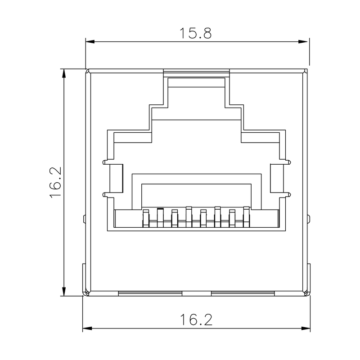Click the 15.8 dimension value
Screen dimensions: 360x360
(196, 33)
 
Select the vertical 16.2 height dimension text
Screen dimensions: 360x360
(55, 182)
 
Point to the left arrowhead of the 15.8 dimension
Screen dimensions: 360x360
(90, 42)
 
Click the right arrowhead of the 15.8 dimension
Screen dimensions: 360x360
(305, 42)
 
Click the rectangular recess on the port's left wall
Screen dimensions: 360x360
(117, 179)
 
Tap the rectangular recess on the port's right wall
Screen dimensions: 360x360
(276, 179)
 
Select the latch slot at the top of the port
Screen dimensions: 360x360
(196, 83)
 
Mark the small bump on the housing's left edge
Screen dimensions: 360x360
(85, 219)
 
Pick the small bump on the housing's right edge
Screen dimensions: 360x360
(308, 219)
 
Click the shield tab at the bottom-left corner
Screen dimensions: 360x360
(84, 279)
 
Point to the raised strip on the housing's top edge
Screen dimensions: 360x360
(197, 71)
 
